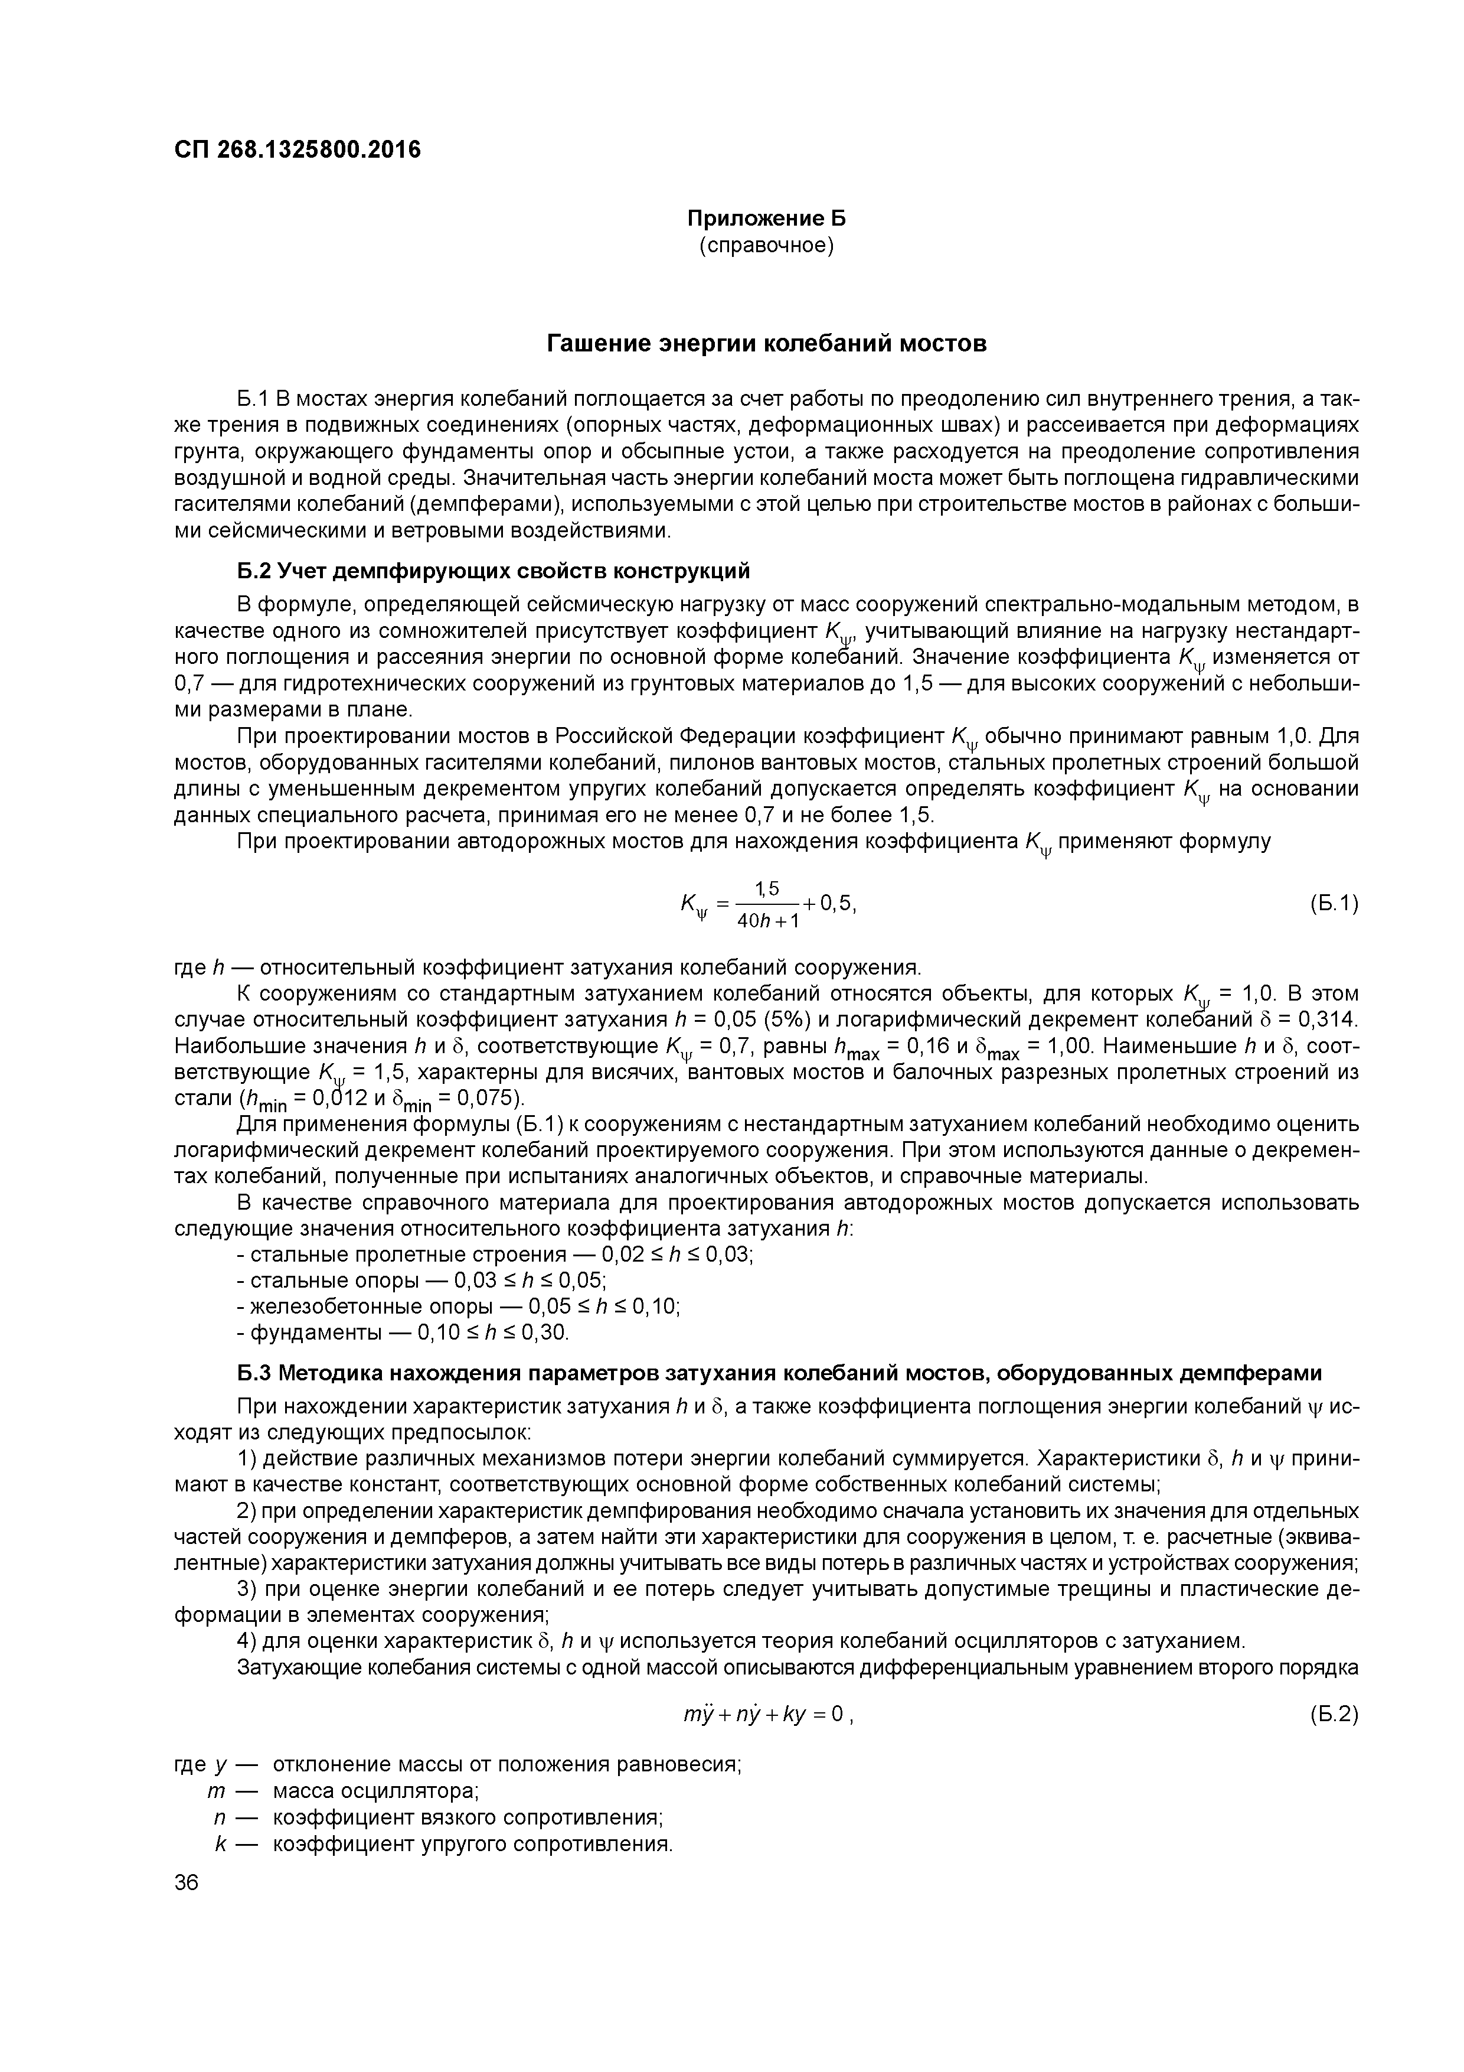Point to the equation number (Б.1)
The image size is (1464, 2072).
pos(1332,903)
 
